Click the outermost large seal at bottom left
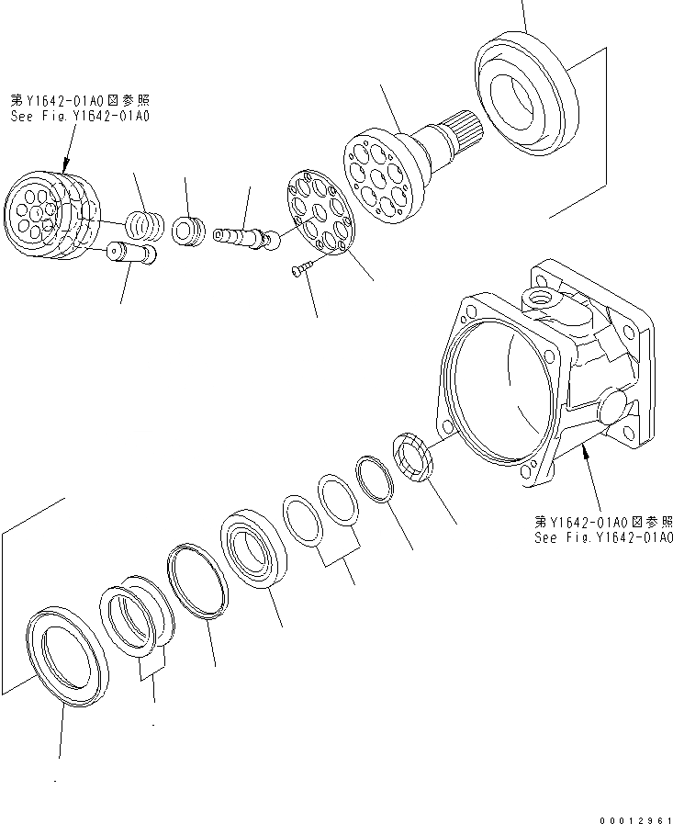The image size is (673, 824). pyautogui.click(x=59, y=654)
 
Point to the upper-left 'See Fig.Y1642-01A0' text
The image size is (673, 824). pyautogui.click(x=80, y=116)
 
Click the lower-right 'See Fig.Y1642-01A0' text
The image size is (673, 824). pyautogui.click(x=604, y=537)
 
